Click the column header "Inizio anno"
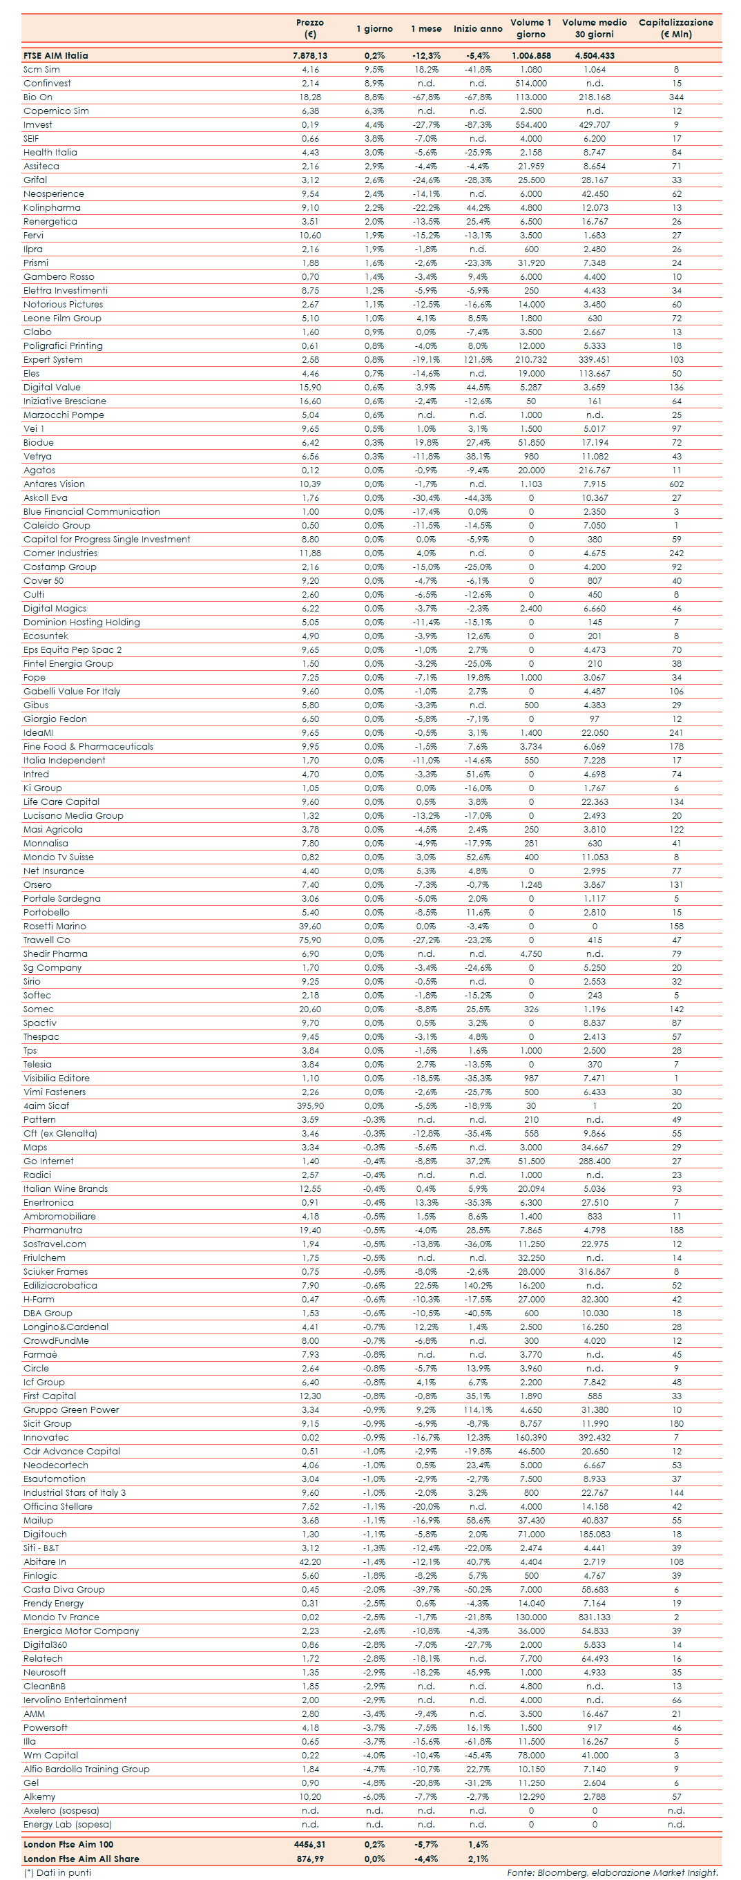(478, 28)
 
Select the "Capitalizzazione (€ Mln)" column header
(675, 28)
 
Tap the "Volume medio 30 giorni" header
(595, 28)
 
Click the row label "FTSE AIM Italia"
(55, 55)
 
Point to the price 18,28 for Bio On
(310, 97)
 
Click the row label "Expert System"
(53, 360)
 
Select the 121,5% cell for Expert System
(478, 360)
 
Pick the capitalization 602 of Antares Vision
(676, 484)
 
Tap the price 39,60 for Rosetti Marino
(310, 926)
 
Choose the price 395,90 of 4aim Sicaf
(310, 1105)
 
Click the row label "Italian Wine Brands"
(66, 1189)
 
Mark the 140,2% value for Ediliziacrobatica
(478, 1285)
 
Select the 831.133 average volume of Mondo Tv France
(595, 1617)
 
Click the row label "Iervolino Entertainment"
(75, 1700)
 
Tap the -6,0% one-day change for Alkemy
(374, 1796)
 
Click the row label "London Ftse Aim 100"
(68, 1844)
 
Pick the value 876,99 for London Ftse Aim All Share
(310, 1858)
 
